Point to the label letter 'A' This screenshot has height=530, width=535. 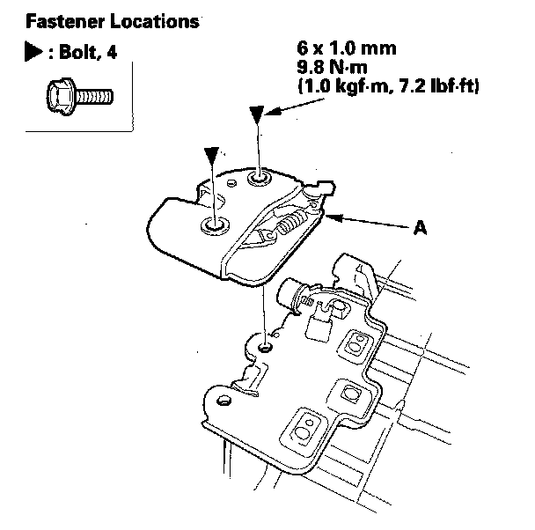421,227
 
